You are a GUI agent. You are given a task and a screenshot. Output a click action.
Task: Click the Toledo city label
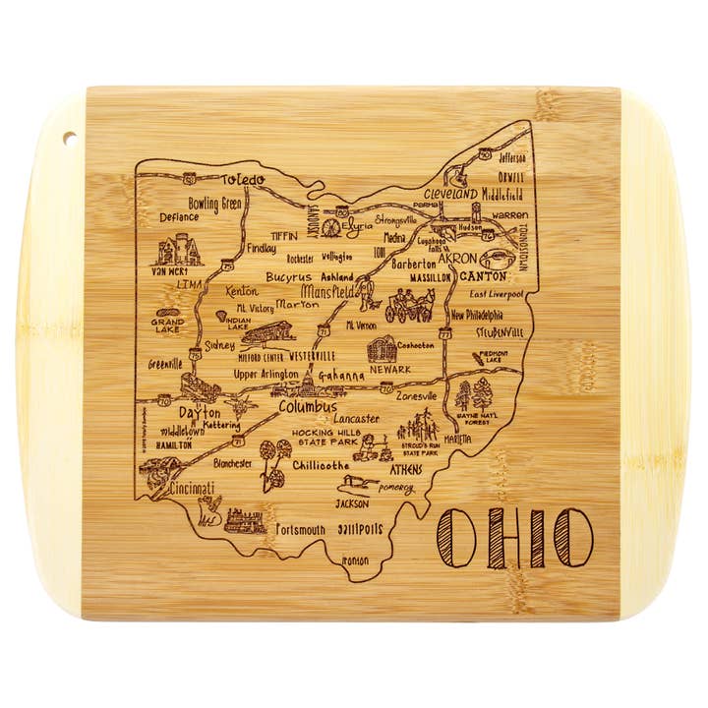coord(243,180)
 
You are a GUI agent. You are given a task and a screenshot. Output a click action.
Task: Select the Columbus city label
coord(307,406)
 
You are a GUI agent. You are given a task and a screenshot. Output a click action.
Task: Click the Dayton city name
coord(200,414)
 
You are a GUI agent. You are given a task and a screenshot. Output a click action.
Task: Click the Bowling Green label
coord(214,204)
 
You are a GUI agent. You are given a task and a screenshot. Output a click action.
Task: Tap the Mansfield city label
coord(328,293)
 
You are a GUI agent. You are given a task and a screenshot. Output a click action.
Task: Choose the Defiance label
coord(180,217)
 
